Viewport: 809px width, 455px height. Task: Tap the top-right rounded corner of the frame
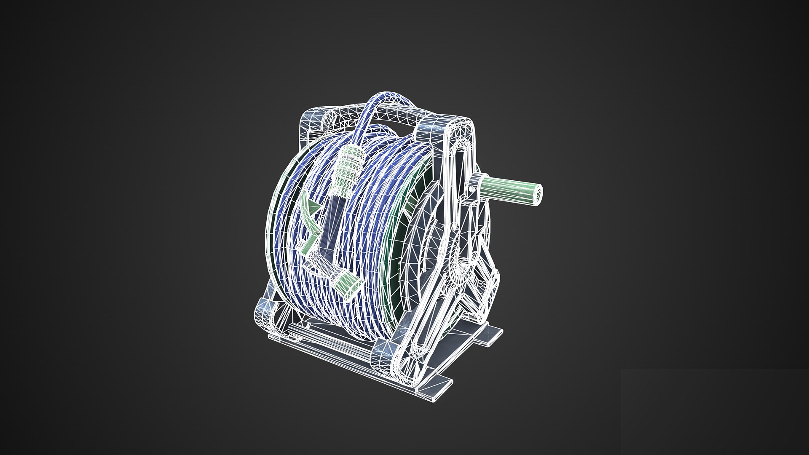[468, 126]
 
